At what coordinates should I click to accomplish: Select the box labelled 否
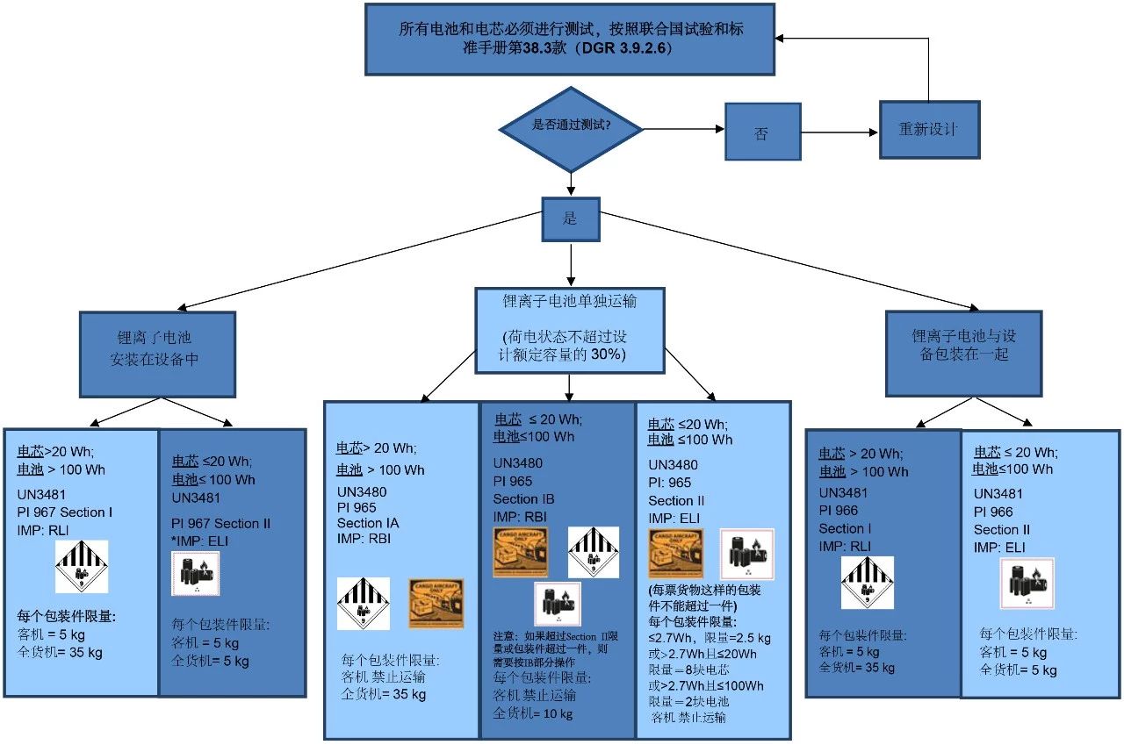[762, 132]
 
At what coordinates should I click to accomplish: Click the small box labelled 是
[571, 218]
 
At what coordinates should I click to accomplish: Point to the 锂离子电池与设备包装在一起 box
[963, 344]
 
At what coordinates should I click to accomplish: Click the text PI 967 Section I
[65, 512]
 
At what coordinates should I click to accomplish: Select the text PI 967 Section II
[221, 524]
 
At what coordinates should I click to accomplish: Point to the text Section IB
[523, 499]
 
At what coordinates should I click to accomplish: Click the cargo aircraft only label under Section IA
[436, 603]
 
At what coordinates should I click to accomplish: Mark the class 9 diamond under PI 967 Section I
[82, 567]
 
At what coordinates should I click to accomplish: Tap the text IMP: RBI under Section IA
[364, 539]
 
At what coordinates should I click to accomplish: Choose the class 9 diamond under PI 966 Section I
[868, 583]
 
